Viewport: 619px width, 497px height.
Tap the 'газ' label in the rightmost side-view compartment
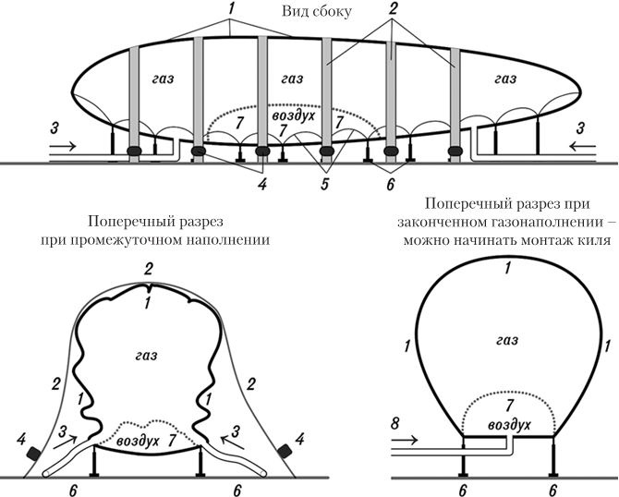tap(504, 79)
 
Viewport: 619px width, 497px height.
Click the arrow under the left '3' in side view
tap(66, 146)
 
